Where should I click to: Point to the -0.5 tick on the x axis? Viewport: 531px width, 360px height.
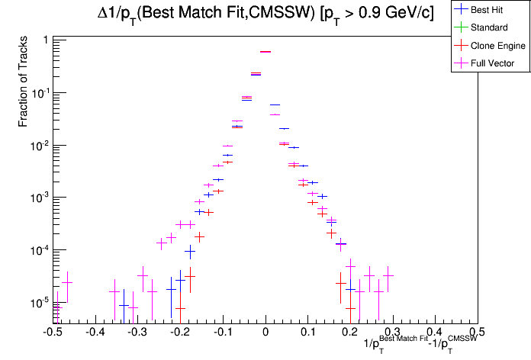52,333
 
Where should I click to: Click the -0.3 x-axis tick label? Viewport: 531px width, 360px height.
137,333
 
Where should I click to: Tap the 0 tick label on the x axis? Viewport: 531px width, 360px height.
265,333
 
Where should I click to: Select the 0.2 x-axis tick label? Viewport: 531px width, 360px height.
350,333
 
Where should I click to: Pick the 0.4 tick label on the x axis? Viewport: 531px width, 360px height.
435,333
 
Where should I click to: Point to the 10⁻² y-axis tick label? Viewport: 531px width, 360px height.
40,145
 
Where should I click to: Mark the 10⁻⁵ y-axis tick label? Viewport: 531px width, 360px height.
40,303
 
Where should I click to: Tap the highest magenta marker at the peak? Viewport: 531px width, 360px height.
265,52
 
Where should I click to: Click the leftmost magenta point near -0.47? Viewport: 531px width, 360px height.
67,282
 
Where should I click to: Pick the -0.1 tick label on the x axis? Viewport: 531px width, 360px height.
222,333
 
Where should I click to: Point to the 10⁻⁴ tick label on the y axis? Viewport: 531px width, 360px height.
40,250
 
